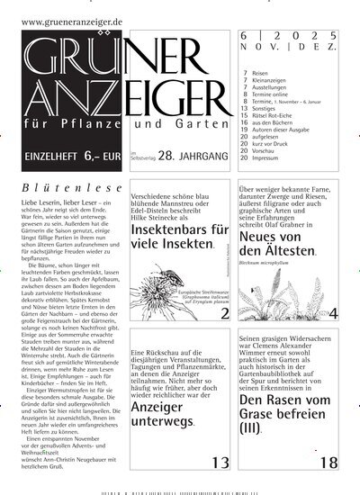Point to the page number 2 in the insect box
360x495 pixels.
pyautogui.click(x=225, y=313)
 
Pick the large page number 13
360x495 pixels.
pyautogui.click(x=220, y=463)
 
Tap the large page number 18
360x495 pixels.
pyautogui.click(x=328, y=463)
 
